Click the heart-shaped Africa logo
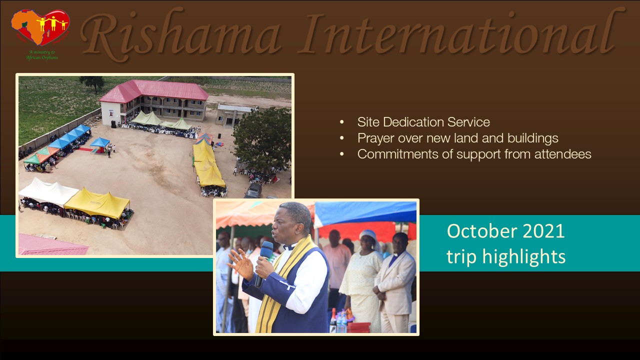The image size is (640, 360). point(40,27)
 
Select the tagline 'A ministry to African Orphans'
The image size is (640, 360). point(42,55)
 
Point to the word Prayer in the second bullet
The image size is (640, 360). point(375,138)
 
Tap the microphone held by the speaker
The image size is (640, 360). point(264,263)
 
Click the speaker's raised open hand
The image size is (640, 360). point(241,263)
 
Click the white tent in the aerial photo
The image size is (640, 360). point(48,191)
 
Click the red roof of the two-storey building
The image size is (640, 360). point(154,91)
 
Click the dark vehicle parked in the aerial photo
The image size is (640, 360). point(253,191)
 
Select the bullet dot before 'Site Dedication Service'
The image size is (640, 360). point(341,122)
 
